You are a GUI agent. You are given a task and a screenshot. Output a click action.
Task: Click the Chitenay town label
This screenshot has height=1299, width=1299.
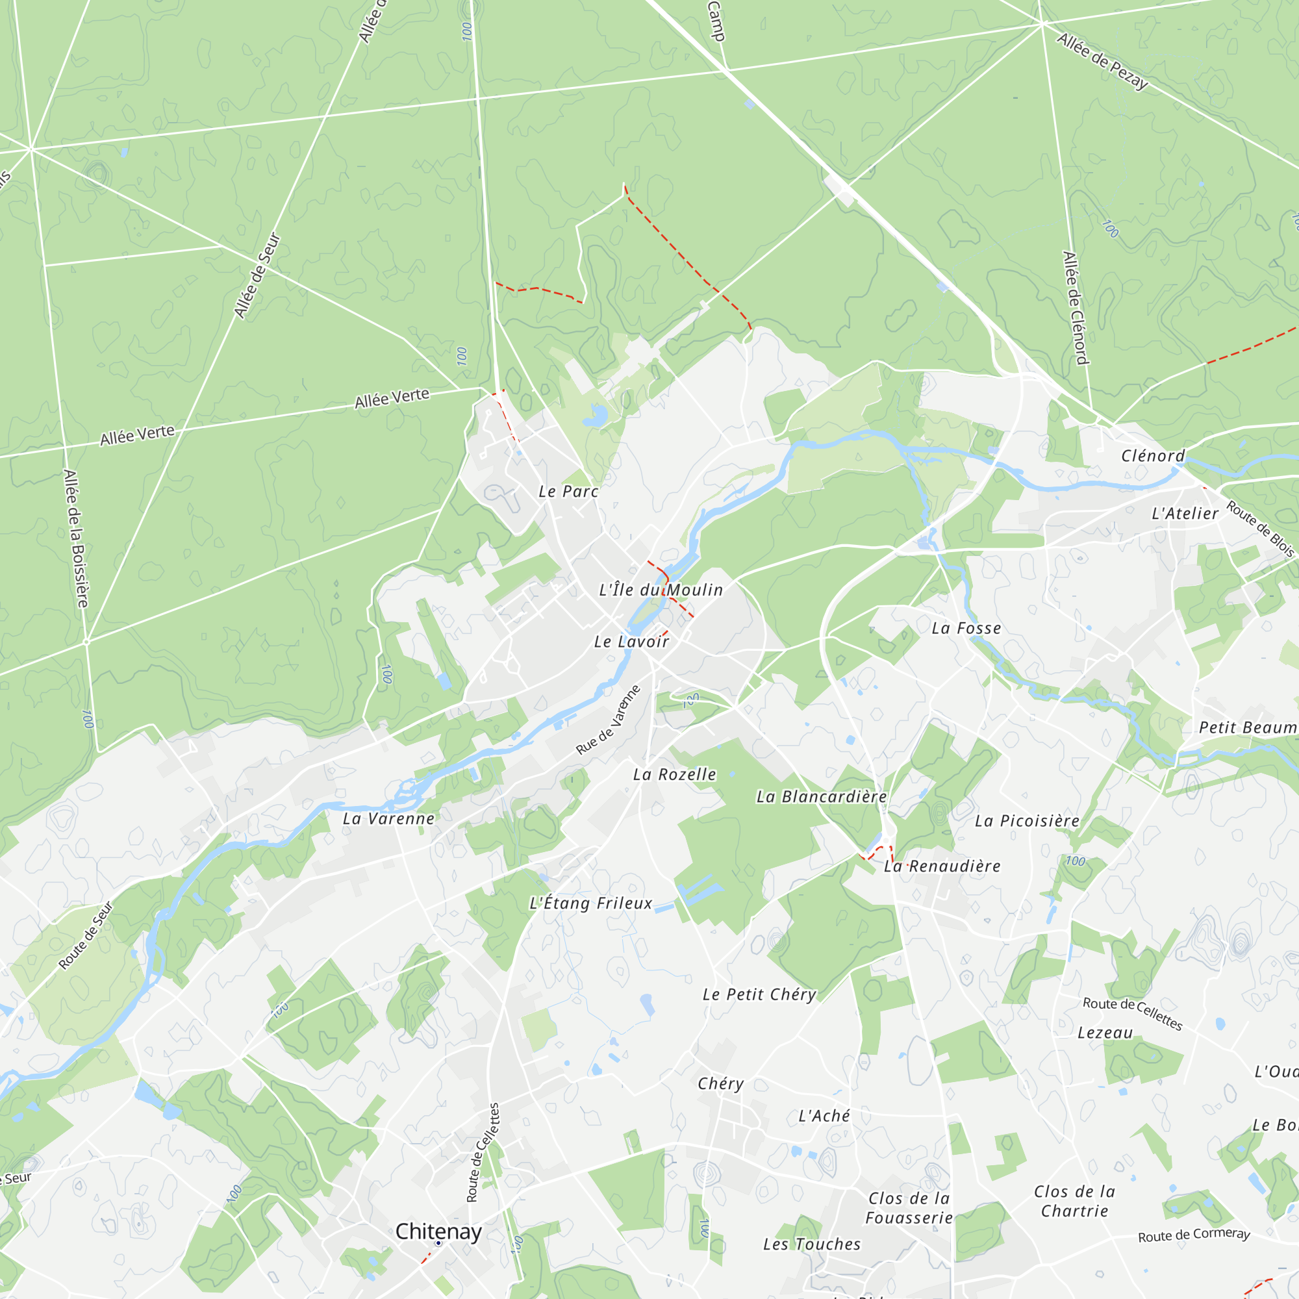tap(438, 1231)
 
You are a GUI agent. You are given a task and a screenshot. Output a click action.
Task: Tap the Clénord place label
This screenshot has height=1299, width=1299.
tap(1152, 456)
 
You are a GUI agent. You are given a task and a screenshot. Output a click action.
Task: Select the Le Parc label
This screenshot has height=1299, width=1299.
tap(568, 492)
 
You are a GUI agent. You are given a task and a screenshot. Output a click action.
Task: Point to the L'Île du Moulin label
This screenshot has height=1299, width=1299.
tap(661, 590)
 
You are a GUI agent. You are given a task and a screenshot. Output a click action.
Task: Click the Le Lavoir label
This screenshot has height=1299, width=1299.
tap(631, 642)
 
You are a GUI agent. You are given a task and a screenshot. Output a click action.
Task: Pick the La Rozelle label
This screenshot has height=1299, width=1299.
tap(674, 775)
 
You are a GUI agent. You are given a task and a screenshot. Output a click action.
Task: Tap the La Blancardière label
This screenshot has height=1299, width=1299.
tap(822, 797)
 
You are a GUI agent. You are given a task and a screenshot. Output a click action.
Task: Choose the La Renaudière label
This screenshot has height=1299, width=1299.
tap(942, 866)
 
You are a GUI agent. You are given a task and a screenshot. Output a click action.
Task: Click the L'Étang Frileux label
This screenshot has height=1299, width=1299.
tap(591, 903)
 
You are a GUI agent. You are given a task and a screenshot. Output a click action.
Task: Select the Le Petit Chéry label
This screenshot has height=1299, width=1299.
tap(759, 994)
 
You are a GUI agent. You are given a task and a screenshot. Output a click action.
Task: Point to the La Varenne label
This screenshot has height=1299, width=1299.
tap(388, 818)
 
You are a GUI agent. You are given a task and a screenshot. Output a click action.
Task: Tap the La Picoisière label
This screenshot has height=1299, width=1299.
tap(1027, 821)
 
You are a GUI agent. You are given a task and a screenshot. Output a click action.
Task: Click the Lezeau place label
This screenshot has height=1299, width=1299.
tap(1105, 1033)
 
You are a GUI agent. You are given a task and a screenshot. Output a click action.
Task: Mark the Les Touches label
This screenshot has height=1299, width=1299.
tap(811, 1244)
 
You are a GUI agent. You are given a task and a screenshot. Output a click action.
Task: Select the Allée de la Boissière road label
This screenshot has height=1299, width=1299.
tap(75, 538)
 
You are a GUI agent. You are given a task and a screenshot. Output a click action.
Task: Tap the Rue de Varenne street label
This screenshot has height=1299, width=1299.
tap(609, 720)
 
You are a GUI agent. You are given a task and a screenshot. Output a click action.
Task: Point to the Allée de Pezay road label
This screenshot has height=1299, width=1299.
tap(1103, 61)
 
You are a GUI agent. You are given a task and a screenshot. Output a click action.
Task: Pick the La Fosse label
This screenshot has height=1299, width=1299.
tap(966, 629)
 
